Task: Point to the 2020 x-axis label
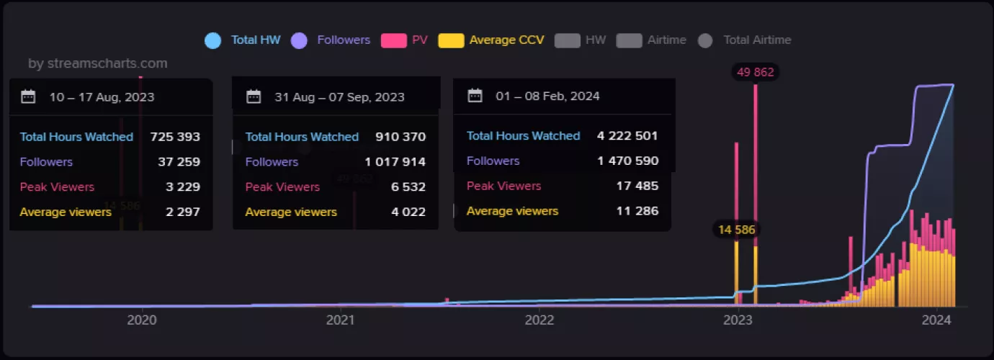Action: (x=142, y=321)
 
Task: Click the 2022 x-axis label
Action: (x=539, y=321)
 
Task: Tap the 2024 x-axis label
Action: (x=937, y=321)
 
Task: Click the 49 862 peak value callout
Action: (x=756, y=72)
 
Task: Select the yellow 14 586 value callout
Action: (x=736, y=230)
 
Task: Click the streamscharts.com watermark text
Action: (x=98, y=63)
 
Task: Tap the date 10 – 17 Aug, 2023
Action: (x=102, y=97)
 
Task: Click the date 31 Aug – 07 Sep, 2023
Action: (x=339, y=97)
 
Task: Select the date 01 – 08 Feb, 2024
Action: (x=547, y=96)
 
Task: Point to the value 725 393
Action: (x=175, y=137)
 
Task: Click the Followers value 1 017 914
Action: (x=394, y=162)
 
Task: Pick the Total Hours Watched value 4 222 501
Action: (x=627, y=136)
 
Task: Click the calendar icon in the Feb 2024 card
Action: (x=475, y=96)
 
